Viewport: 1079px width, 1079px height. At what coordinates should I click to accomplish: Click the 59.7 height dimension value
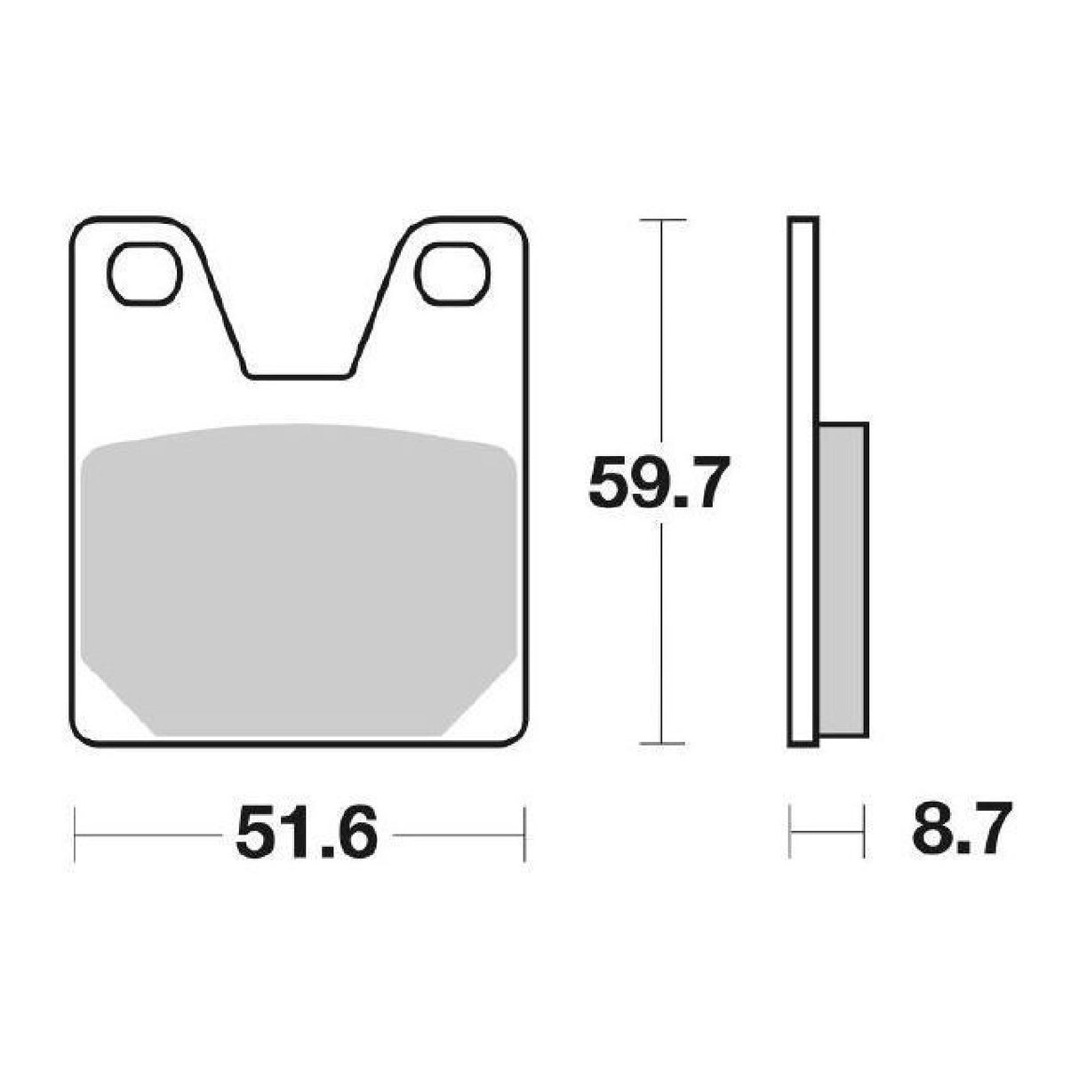click(659, 482)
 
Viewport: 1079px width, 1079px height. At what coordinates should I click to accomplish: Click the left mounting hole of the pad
click(145, 275)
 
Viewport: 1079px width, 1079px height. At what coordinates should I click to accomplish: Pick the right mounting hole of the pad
click(452, 275)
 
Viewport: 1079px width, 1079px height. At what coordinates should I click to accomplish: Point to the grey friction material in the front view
click(298, 579)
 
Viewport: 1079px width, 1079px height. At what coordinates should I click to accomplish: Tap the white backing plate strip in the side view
click(803, 482)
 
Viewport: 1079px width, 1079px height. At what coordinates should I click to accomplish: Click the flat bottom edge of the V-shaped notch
click(298, 377)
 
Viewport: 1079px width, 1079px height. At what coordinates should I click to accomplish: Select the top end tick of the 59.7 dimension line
click(662, 220)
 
